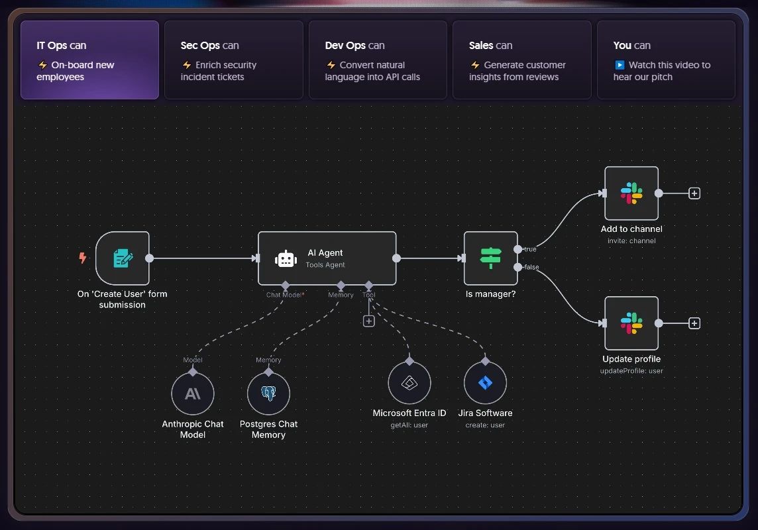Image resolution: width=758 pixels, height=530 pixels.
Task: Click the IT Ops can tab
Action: (89, 60)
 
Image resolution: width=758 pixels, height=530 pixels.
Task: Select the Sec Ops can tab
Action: (233, 60)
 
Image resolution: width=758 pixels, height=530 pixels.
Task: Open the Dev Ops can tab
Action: (378, 60)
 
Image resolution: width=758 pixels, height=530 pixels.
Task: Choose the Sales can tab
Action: (521, 60)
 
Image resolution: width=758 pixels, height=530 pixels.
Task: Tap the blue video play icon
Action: (620, 65)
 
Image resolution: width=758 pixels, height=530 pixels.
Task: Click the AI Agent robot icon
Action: (286, 259)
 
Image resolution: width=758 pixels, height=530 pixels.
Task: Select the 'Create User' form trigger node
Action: (123, 258)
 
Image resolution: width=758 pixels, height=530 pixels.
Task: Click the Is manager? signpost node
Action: (491, 258)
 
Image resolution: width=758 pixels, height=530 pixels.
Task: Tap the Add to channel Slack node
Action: (631, 193)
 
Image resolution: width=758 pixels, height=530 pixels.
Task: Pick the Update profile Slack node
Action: (631, 323)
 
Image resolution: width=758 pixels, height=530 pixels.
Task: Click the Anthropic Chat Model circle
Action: (193, 394)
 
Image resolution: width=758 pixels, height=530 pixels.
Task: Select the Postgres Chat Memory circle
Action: (268, 394)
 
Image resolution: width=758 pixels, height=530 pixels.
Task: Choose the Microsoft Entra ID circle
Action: (409, 383)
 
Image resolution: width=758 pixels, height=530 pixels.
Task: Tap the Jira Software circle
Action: (486, 383)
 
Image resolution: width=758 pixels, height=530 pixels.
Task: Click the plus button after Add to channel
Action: (694, 193)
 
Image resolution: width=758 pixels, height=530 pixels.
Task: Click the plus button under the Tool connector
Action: (369, 321)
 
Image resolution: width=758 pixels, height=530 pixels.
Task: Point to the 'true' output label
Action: (530, 249)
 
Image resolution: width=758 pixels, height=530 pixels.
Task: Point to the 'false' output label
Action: (532, 267)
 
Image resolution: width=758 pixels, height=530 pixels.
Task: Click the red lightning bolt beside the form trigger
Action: (83, 258)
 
